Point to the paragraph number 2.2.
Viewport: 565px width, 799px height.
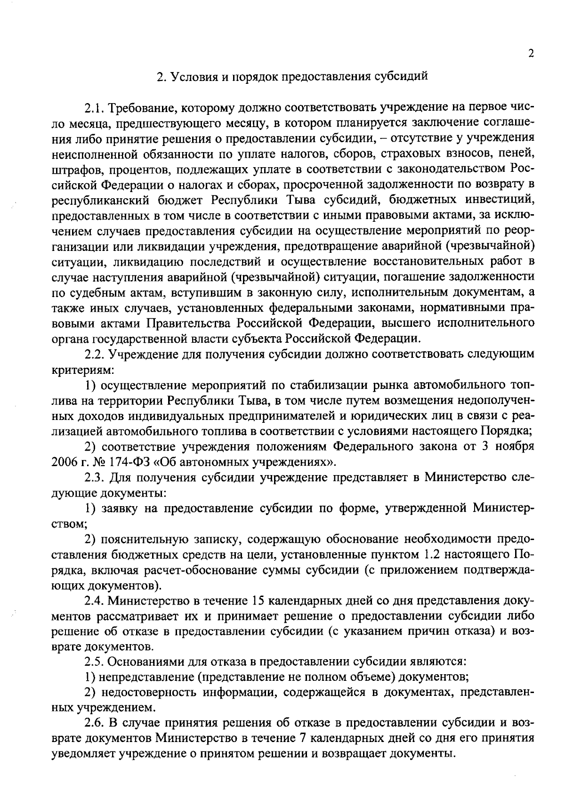pyautogui.click(x=95, y=354)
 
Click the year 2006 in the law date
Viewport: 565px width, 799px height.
pyautogui.click(x=63, y=462)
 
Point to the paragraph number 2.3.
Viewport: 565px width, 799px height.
pyautogui.click(x=95, y=477)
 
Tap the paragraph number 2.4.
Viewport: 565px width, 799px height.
pyautogui.click(x=95, y=600)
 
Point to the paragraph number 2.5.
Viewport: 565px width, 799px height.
pyautogui.click(x=95, y=662)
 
